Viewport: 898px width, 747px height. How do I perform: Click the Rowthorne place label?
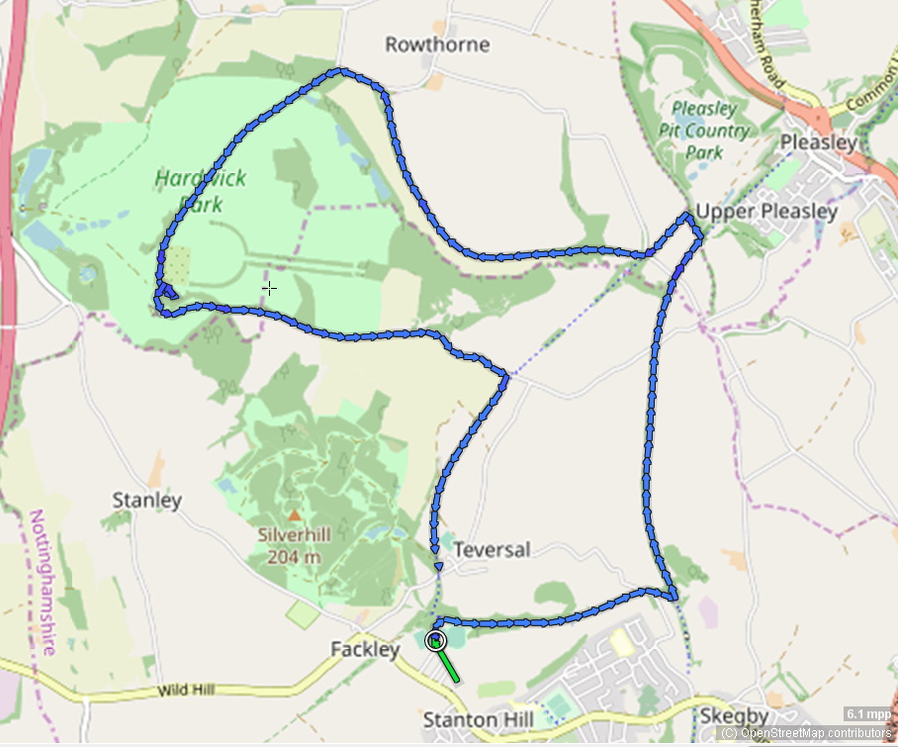click(x=437, y=45)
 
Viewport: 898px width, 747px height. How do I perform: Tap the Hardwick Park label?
click(x=200, y=192)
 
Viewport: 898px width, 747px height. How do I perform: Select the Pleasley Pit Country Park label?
click(x=704, y=131)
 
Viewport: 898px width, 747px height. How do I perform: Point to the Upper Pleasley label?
click(x=766, y=212)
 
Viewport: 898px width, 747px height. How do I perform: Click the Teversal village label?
click(x=492, y=549)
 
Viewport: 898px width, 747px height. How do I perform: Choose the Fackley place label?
click(x=366, y=650)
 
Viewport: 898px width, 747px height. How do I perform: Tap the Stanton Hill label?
click(x=478, y=719)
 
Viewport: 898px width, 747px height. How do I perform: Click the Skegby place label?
click(x=735, y=715)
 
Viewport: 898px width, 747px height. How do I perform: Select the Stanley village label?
click(x=147, y=501)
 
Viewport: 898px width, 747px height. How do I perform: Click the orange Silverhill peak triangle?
click(x=294, y=515)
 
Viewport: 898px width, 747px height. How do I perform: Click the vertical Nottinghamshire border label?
click(x=42, y=583)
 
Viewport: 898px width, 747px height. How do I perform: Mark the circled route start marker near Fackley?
click(x=435, y=641)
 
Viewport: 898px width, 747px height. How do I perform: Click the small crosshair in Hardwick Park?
click(x=269, y=288)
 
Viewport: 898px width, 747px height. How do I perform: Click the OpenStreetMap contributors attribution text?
click(x=806, y=733)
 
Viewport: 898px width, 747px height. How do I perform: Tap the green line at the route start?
click(x=449, y=668)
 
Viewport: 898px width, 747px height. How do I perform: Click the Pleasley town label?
click(x=818, y=142)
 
